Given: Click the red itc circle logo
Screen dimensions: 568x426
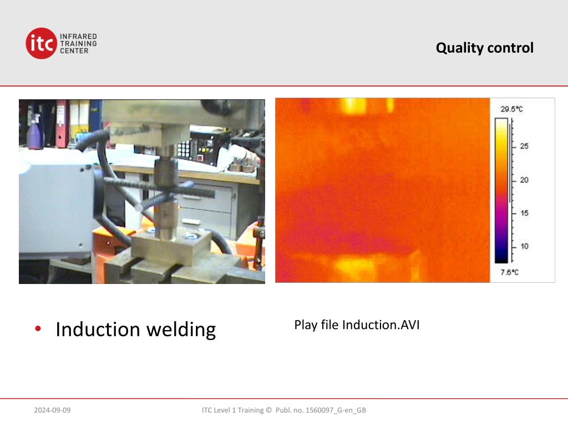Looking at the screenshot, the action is coord(41,43).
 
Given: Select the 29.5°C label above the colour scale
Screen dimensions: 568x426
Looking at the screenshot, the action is coord(511,109).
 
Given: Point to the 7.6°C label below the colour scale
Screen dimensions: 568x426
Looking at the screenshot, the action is coord(509,272).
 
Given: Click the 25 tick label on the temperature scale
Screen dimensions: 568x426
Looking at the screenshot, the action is coord(524,146).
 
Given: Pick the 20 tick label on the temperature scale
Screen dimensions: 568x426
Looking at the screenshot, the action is coord(524,180).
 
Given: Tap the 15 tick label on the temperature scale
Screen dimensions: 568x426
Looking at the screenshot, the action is coord(524,214).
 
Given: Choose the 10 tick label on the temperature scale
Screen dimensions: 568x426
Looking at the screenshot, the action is coord(524,246).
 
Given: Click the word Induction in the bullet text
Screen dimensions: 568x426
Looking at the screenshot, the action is coord(98,329).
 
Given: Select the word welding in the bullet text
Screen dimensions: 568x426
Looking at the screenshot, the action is coord(181,330).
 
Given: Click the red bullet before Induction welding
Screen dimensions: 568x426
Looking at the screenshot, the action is coord(38,328).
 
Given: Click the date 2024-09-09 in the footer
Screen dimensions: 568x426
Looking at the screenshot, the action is coord(52,410).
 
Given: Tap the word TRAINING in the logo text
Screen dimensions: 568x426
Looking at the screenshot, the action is coord(78,43).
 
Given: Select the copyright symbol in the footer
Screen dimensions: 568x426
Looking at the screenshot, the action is coord(268,410).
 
